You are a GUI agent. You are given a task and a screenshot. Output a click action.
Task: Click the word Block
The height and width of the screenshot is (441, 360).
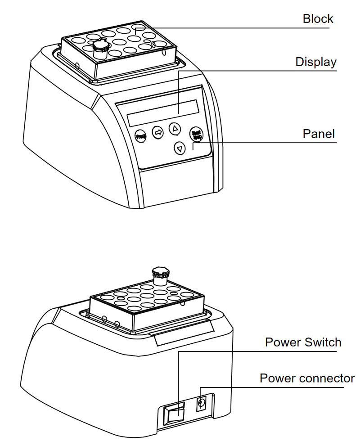click(x=318, y=19)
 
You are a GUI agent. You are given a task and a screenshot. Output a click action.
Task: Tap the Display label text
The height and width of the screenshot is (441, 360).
click(x=315, y=62)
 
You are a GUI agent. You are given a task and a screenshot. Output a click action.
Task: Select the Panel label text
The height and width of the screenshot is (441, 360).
click(x=319, y=134)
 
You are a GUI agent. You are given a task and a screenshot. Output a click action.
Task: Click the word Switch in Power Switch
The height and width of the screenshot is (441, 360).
click(x=320, y=342)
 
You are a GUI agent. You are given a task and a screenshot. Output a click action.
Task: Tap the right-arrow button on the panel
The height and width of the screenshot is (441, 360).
click(x=158, y=132)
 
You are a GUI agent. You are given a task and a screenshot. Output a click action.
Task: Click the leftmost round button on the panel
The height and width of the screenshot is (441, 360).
click(x=140, y=135)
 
